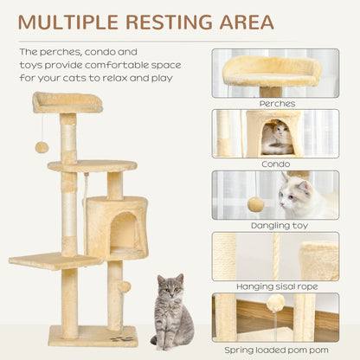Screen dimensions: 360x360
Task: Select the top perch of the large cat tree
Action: pyautogui.click(x=67, y=101)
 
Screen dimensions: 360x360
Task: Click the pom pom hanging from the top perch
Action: pyautogui.click(x=42, y=147)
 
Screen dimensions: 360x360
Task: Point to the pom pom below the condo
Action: pyautogui.click(x=125, y=286)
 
